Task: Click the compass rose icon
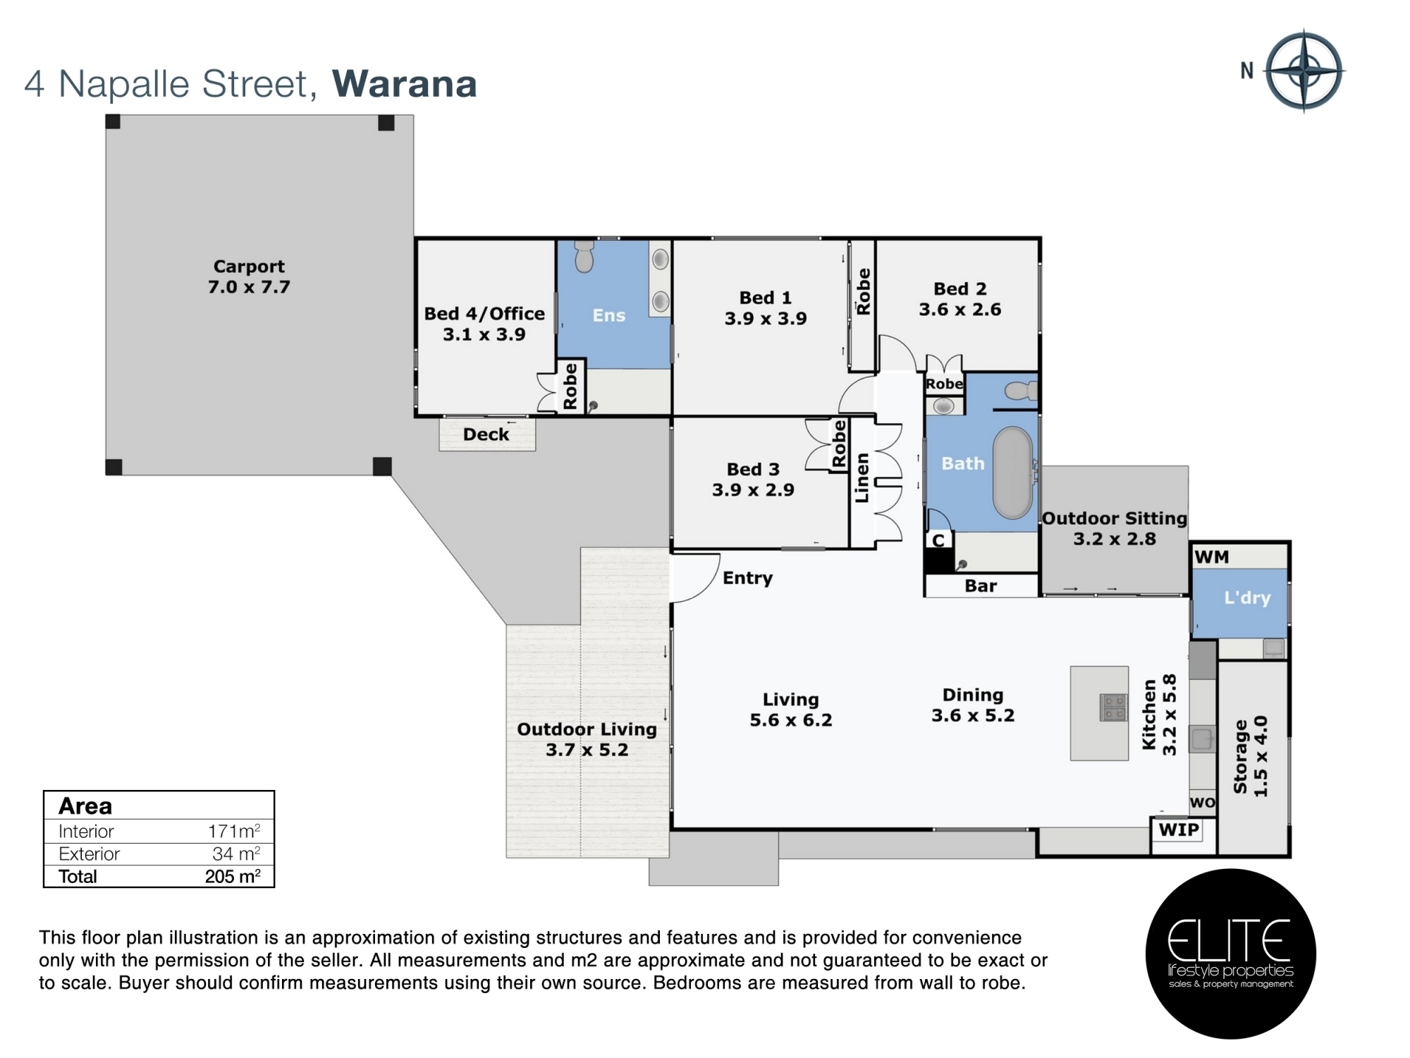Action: [x=1305, y=71]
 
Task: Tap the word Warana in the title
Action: [x=405, y=84]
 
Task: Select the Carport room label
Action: [x=249, y=267]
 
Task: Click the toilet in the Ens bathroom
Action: [x=584, y=256]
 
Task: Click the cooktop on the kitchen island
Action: [x=1114, y=707]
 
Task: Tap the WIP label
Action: [x=1179, y=829]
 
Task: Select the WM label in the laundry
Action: [x=1212, y=557]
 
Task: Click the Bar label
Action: [x=981, y=586]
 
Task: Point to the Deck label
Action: [x=486, y=434]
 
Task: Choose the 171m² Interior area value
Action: [x=234, y=831]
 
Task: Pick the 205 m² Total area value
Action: [x=233, y=877]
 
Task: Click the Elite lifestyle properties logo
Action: [x=1231, y=954]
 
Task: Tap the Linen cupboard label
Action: [x=862, y=478]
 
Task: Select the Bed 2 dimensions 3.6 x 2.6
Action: [x=960, y=310]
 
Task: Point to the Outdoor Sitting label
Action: [x=1115, y=518]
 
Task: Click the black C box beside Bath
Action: [x=938, y=541]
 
